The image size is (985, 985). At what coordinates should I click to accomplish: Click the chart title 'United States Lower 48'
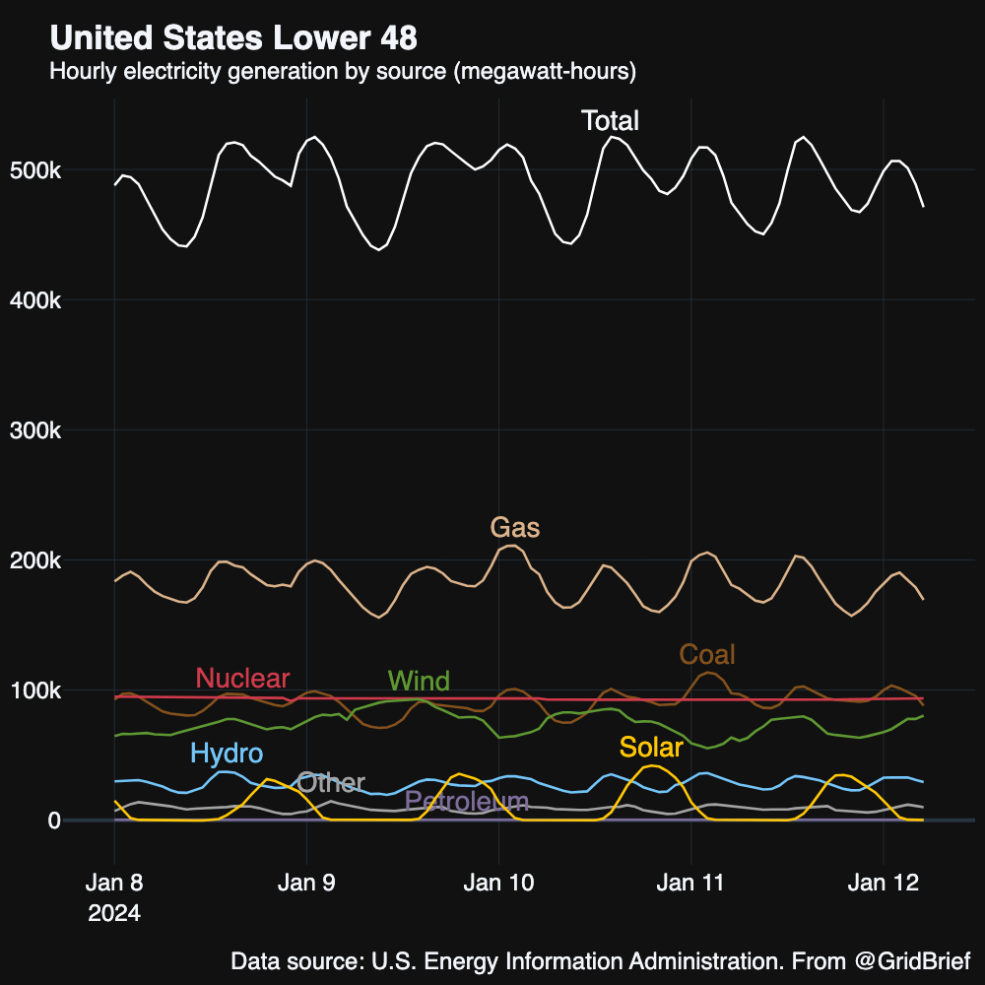[x=233, y=38]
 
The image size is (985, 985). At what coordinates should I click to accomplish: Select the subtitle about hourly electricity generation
[x=343, y=72]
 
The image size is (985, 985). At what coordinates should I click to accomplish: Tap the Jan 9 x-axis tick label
[x=306, y=884]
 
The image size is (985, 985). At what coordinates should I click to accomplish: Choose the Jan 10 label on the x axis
[x=498, y=884]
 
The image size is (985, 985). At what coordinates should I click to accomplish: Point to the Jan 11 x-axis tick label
[x=690, y=884]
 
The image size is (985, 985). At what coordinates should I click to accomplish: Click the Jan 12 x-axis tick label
[x=884, y=884]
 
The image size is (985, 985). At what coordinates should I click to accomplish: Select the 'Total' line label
[x=610, y=121]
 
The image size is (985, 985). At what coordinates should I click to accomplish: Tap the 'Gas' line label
[x=515, y=528]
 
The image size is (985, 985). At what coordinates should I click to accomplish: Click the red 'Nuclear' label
[x=242, y=678]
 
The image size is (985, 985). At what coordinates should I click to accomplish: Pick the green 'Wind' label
[x=419, y=681]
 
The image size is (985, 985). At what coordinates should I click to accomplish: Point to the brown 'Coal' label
[x=707, y=654]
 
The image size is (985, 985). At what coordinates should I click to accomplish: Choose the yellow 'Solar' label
[x=650, y=748]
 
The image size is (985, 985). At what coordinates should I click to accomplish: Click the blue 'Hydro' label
[x=227, y=755]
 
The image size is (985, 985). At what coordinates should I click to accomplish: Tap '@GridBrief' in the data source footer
[x=911, y=960]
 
